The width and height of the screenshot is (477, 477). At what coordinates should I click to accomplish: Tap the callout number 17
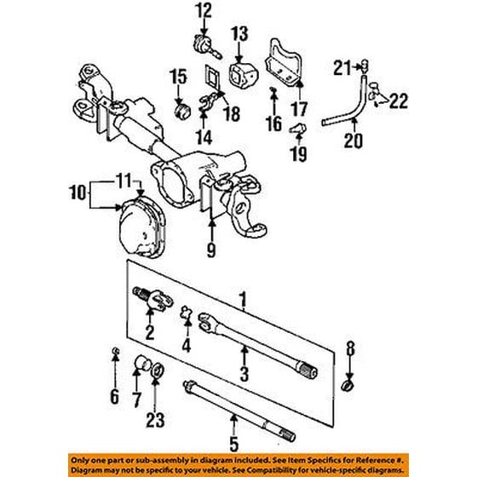pos(297,108)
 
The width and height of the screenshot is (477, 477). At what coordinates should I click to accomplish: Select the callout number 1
pos(244,300)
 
